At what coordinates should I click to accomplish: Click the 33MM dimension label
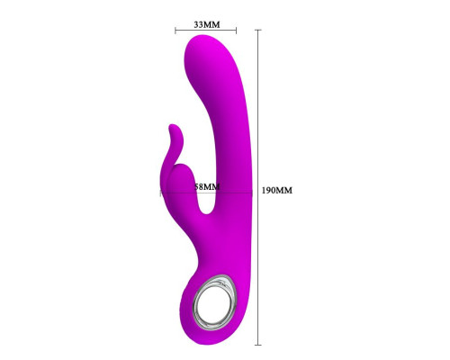(207, 24)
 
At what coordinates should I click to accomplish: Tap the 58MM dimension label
(207, 187)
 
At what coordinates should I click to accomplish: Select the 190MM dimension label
(277, 191)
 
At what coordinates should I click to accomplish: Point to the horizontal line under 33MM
(206, 30)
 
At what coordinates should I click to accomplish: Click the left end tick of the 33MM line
(175, 30)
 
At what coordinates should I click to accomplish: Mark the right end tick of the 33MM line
(236, 30)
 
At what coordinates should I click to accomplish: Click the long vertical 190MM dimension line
(257, 187)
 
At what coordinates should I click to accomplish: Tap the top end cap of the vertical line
(257, 30)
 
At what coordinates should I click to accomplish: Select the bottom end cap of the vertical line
(257, 345)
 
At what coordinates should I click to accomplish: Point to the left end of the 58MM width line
(160, 193)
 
